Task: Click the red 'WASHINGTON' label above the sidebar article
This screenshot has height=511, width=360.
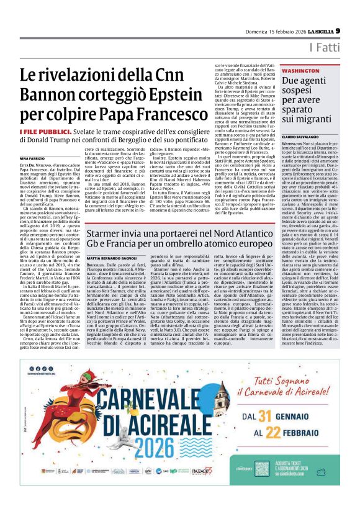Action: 284,71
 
